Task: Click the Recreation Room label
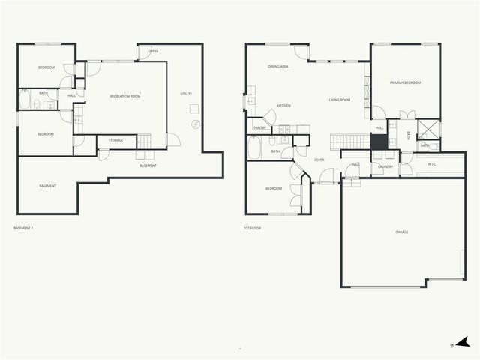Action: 125,96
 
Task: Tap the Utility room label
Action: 186,94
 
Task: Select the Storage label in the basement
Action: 115,140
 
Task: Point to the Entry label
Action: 153,51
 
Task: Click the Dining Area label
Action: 278,67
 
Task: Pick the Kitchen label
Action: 283,106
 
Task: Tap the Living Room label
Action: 340,99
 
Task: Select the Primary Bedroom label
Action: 405,82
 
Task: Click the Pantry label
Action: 259,128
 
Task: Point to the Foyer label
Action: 319,160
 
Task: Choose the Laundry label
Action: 385,166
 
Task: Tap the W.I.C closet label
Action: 432,163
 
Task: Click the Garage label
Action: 402,232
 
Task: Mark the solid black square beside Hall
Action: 379,140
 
